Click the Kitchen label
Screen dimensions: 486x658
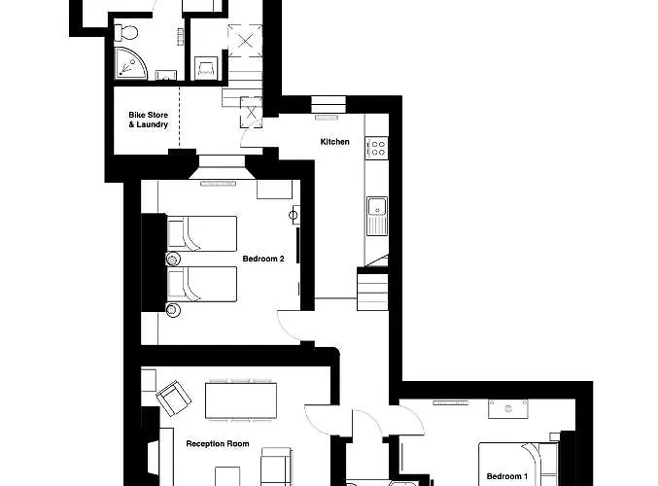coord(335,142)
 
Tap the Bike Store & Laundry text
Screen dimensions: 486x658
coord(149,120)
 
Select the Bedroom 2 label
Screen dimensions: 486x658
coord(263,260)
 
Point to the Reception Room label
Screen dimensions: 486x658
coord(218,444)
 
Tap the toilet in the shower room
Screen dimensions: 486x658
coord(123,35)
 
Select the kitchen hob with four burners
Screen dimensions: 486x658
coord(377,149)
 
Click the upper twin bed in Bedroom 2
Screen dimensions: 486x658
coord(202,233)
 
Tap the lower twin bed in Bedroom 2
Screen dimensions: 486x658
coord(202,285)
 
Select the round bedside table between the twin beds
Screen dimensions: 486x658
coord(173,260)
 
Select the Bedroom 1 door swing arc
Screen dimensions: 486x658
coord(410,420)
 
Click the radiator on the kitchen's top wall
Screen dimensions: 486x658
coord(326,118)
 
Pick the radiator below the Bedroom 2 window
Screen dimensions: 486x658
coord(218,183)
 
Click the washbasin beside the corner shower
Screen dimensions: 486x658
coord(164,72)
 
